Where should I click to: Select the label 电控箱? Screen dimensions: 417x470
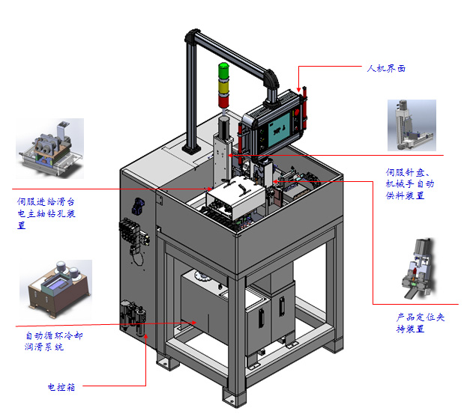click(x=61, y=387)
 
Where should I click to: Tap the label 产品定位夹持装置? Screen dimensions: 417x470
click(x=420, y=323)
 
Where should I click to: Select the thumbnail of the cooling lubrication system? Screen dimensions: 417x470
click(x=57, y=285)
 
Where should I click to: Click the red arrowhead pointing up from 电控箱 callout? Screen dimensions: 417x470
click(x=147, y=339)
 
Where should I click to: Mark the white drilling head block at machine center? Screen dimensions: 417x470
click(x=231, y=198)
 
